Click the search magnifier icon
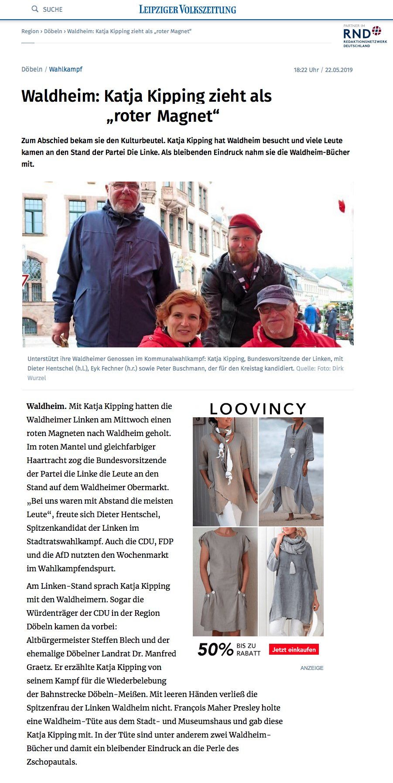tap(35, 9)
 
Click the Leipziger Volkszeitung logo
tap(188, 9)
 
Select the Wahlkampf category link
tap(65, 69)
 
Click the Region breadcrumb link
tap(30, 31)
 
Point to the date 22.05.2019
tap(338, 70)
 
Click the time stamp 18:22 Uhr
tap(306, 70)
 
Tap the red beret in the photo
tap(245, 223)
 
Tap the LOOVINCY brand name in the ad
tap(258, 409)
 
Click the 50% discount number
tap(215, 649)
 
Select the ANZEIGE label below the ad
tap(312, 668)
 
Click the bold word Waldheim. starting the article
tap(46, 406)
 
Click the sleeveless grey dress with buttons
tap(225, 581)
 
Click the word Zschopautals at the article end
tap(51, 762)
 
